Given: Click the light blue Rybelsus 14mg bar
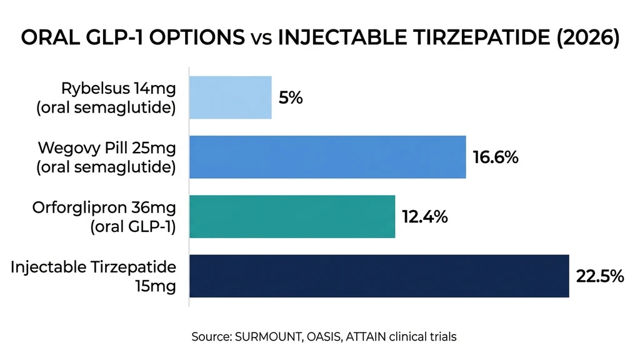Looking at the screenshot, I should coord(230,97).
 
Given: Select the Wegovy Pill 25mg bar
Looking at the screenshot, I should coord(327,157).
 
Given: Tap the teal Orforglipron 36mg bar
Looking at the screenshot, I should coord(292,216).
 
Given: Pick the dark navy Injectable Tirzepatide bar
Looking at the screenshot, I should coord(379,276).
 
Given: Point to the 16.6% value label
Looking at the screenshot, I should coord(495,157).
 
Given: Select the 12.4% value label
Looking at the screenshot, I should coord(424,217).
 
